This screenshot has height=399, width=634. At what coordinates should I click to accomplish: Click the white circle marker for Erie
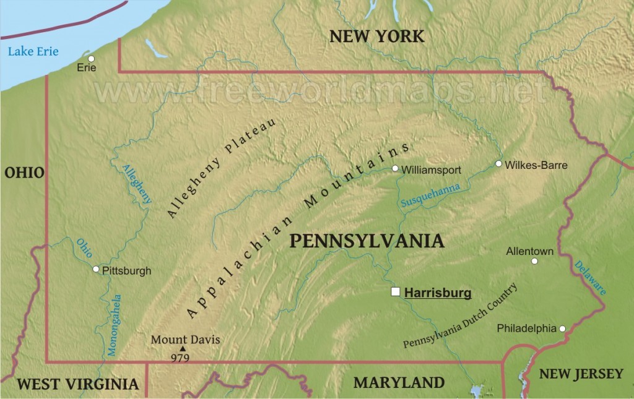pyautogui.click(x=91, y=59)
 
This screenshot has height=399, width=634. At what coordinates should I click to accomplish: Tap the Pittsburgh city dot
pyautogui.click(x=96, y=269)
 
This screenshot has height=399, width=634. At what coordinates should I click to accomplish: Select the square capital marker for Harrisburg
pyautogui.click(x=396, y=292)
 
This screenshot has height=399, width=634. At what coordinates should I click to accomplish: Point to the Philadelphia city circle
pyautogui.click(x=562, y=328)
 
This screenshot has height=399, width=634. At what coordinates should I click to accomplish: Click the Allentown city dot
pyautogui.click(x=534, y=261)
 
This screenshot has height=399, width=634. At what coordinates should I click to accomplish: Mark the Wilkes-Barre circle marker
pyautogui.click(x=498, y=164)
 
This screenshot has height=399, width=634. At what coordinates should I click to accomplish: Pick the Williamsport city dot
pyautogui.click(x=395, y=168)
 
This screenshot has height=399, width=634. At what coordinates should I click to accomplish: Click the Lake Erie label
pyautogui.click(x=33, y=51)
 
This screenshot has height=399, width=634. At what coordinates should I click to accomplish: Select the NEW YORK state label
pyautogui.click(x=376, y=36)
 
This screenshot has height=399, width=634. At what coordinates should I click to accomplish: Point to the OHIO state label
pyautogui.click(x=24, y=173)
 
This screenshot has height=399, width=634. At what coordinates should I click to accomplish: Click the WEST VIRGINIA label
pyautogui.click(x=77, y=384)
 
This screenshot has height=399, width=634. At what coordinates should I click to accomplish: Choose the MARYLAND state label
pyautogui.click(x=399, y=382)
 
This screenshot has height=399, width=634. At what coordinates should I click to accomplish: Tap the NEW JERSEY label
pyautogui.click(x=581, y=373)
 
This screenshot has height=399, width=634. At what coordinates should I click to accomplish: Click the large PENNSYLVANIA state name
pyautogui.click(x=367, y=241)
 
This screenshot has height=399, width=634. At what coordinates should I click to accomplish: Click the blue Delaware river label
pyautogui.click(x=589, y=277)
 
